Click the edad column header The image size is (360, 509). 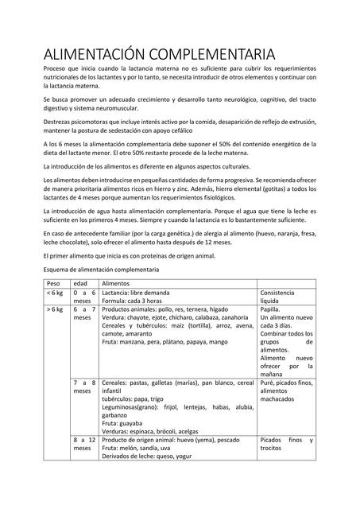[x=80, y=283]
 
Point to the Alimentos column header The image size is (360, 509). [x=117, y=283]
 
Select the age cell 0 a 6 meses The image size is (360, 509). [x=84, y=297]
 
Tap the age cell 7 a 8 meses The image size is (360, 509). [x=84, y=387]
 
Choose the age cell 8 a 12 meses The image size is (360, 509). [x=84, y=444]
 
